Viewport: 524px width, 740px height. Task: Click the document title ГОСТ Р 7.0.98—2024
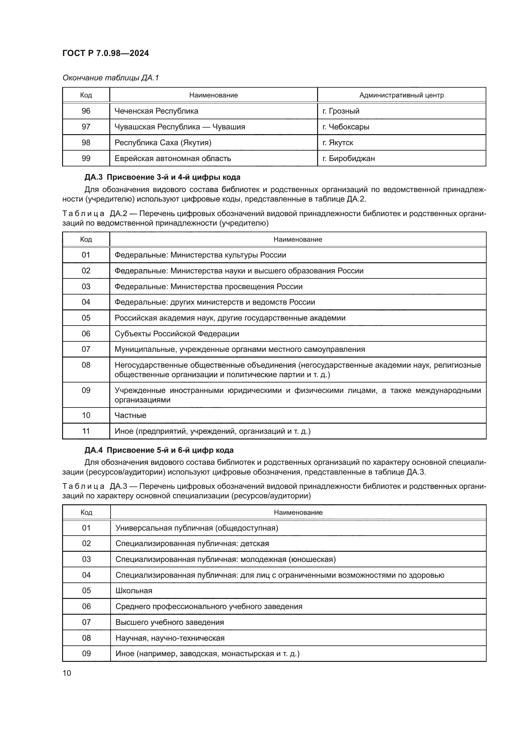click(105, 53)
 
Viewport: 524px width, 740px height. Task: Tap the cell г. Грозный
click(341, 111)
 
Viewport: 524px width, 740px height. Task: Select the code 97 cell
click(86, 127)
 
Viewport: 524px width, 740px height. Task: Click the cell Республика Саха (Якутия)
click(163, 142)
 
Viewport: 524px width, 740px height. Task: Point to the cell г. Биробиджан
click(348, 158)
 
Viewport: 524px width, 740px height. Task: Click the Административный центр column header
click(401, 95)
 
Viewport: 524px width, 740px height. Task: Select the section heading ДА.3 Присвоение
click(162, 177)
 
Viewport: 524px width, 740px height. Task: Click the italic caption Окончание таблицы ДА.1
click(111, 78)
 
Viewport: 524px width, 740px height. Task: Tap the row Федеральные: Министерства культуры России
click(200, 255)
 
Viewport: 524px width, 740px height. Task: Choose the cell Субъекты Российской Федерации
click(177, 333)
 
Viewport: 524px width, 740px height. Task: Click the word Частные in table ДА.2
click(130, 415)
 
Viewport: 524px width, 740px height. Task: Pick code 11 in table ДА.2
click(86, 431)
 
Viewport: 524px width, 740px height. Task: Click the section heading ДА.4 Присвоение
click(159, 450)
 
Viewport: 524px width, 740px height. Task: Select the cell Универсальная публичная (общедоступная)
click(197, 528)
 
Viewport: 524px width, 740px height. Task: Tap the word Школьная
click(134, 590)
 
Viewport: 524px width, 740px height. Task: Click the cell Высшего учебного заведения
click(169, 622)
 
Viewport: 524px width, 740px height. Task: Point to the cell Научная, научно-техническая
click(170, 638)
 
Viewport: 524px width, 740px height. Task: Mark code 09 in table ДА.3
click(86, 653)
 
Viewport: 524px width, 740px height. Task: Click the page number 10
click(67, 673)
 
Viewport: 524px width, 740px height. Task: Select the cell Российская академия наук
click(230, 318)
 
